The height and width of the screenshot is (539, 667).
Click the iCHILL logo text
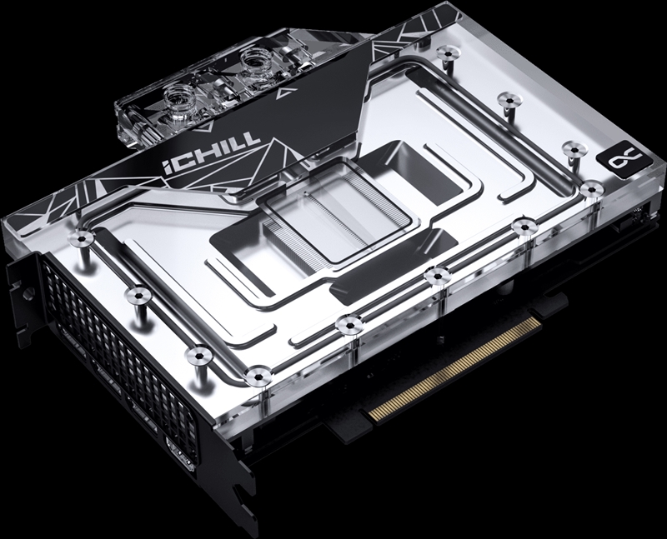point(211,153)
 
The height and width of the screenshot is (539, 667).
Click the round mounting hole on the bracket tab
point(28,293)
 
